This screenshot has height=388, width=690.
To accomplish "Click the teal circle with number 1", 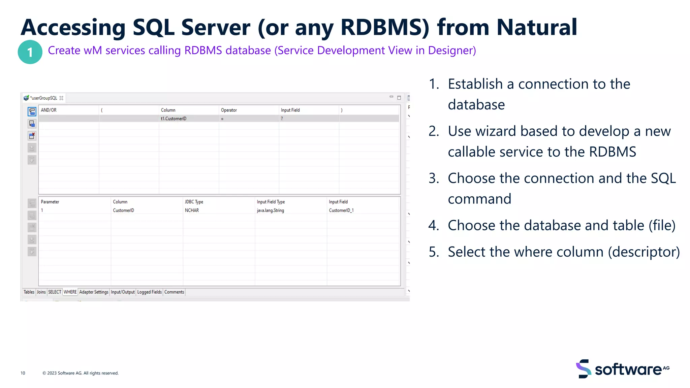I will (30, 52).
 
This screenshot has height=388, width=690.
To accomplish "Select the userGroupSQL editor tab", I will (44, 98).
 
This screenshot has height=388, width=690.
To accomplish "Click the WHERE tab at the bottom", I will (70, 292).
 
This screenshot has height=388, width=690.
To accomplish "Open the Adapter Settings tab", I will (94, 292).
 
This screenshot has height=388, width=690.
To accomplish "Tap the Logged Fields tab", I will (149, 292).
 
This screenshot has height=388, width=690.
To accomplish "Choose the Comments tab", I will (174, 292).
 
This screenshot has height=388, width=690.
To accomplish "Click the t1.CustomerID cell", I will (174, 119).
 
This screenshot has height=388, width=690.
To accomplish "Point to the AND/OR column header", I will (49, 110).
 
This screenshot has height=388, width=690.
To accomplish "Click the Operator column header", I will (229, 110).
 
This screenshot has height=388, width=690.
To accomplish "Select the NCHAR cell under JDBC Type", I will (192, 210).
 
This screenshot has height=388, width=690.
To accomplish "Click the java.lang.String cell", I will (270, 210).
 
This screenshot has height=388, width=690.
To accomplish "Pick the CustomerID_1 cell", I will (341, 210).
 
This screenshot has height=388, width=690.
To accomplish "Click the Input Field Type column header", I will (271, 202).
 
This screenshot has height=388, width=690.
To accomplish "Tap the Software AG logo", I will (623, 369).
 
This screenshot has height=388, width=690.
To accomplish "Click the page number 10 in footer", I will (23, 373).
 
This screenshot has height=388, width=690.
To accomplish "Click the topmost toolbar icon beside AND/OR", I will (32, 111).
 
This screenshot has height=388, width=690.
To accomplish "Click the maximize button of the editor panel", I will (399, 98).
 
